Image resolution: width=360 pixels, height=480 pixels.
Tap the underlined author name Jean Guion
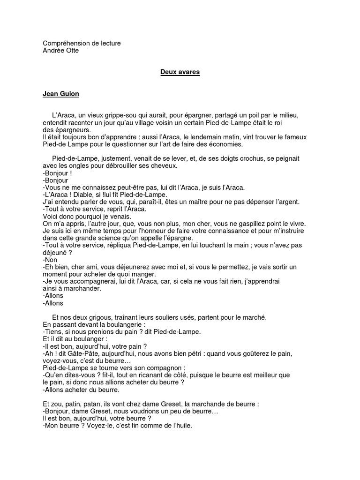[x=61, y=94]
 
